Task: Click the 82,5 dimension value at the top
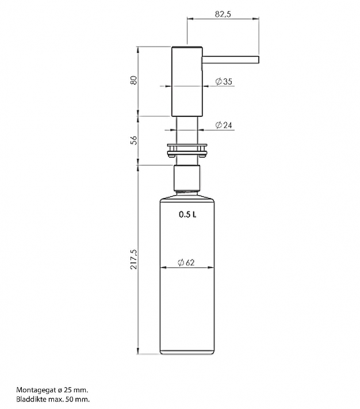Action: point(223,14)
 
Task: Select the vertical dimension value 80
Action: point(133,80)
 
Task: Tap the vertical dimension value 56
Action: point(133,140)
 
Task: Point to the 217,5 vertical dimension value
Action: point(133,259)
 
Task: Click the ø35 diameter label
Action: point(224,82)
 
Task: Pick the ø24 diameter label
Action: point(224,125)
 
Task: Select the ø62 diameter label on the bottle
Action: point(187,263)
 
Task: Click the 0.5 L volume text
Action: point(187,215)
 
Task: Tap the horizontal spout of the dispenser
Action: point(230,59)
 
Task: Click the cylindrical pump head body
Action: point(187,81)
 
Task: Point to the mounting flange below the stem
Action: point(187,150)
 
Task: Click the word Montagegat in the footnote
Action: point(34,389)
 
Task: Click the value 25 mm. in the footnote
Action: point(76,389)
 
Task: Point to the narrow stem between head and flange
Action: point(187,129)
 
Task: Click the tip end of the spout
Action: point(259,59)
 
